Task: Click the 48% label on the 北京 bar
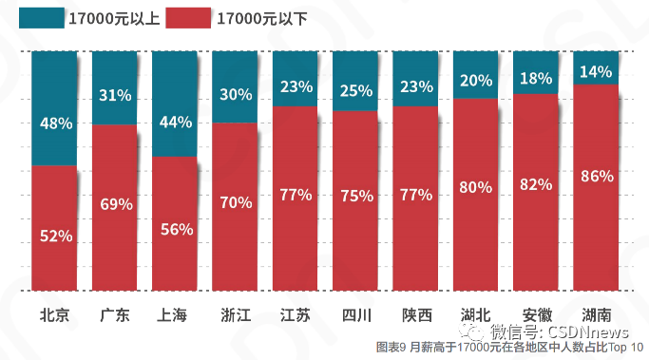(x=55, y=123)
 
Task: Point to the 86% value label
(x=596, y=176)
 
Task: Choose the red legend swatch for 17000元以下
(x=187, y=18)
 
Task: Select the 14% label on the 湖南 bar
(x=596, y=70)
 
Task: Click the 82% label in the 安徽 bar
(x=536, y=185)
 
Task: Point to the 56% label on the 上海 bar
(x=175, y=229)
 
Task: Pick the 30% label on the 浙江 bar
(x=236, y=94)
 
